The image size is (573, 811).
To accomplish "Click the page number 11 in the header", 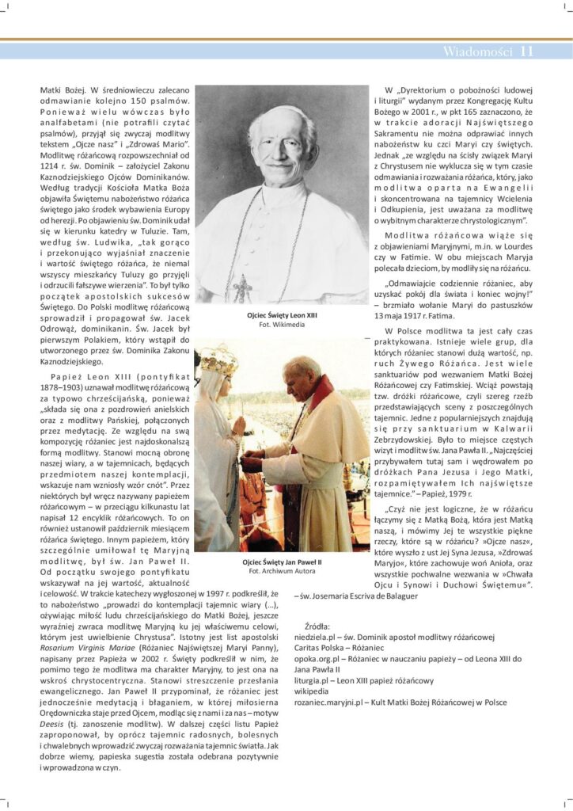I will (x=527, y=52).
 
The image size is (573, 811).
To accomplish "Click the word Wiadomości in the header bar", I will (x=477, y=52).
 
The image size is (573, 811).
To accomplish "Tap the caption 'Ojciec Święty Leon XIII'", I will (x=282, y=316).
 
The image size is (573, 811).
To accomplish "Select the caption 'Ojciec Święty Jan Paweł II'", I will (x=282, y=562).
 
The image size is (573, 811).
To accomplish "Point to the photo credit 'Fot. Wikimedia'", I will (x=282, y=325).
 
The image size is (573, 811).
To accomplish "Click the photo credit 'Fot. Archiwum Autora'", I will (x=282, y=570).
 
